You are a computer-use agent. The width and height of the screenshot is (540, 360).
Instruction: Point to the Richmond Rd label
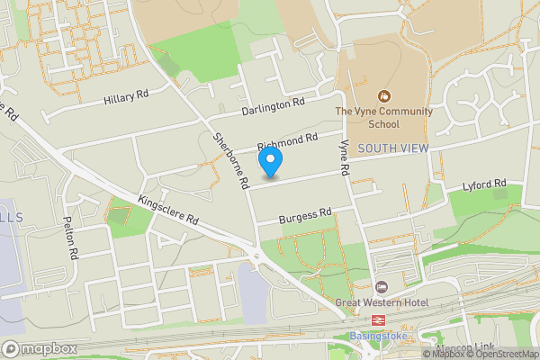(x=288, y=140)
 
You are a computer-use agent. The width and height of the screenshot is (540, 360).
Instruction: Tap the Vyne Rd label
(x=343, y=157)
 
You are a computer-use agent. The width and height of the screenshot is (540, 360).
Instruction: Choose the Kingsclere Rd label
(x=168, y=210)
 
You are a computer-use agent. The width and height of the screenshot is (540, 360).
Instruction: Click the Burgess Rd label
(x=305, y=213)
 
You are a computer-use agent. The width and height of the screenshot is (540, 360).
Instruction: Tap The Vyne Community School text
(x=384, y=118)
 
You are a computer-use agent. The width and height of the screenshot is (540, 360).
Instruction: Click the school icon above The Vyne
(x=384, y=94)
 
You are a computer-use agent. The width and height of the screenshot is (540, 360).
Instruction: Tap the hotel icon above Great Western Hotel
(x=381, y=286)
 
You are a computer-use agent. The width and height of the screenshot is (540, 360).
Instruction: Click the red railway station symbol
(x=378, y=320)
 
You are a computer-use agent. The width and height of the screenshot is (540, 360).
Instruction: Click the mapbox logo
(x=39, y=347)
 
